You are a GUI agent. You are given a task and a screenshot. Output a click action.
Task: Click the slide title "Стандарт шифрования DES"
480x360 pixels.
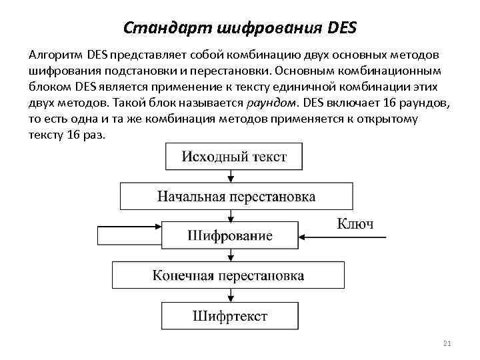point(241,28)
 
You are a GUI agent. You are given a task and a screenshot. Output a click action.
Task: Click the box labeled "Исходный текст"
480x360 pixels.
point(234,157)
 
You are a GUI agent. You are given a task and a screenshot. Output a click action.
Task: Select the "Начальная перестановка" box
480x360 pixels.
point(236,196)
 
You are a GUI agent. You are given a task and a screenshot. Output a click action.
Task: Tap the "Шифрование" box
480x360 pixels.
point(229,235)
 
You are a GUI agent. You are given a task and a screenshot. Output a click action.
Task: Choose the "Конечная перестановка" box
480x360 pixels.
point(229,275)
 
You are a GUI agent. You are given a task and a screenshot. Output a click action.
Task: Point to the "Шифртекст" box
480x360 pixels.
point(229,315)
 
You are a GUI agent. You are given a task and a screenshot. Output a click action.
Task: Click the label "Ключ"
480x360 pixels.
point(355,223)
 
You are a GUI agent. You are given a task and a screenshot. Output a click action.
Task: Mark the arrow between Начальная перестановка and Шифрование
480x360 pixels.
point(231,215)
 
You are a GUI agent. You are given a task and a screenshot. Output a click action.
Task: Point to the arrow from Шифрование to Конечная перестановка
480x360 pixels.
point(231,255)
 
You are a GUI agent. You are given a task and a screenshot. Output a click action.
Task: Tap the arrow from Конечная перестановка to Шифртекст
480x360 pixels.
point(231,295)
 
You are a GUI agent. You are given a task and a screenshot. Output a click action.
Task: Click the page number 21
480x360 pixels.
point(447,343)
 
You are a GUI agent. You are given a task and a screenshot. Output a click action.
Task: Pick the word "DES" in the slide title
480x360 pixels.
point(343,28)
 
